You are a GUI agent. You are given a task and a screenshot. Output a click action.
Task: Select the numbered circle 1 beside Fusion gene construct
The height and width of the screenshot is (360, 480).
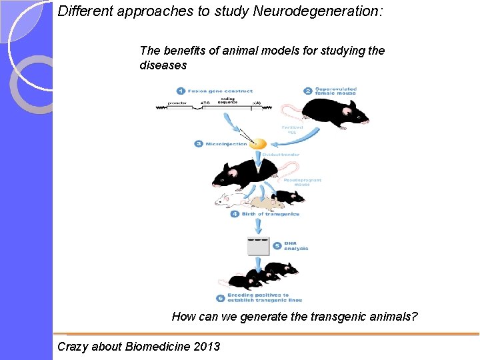[x=181, y=91]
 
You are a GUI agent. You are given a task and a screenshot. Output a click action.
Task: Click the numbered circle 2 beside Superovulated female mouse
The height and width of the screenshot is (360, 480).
[x=307, y=91]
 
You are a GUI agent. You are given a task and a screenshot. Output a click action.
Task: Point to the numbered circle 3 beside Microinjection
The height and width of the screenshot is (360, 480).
[x=199, y=143]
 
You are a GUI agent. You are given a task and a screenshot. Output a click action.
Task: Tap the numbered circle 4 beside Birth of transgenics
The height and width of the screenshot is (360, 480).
[x=235, y=214]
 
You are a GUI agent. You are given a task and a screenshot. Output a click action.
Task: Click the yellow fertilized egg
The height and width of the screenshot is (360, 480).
[x=258, y=143]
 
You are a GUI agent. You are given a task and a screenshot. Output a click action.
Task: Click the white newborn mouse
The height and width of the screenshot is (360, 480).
[x=231, y=199]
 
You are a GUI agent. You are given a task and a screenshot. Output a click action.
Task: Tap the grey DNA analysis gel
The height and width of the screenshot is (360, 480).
[x=258, y=245]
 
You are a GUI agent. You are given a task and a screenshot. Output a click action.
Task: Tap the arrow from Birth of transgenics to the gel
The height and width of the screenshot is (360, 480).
[x=258, y=225]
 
